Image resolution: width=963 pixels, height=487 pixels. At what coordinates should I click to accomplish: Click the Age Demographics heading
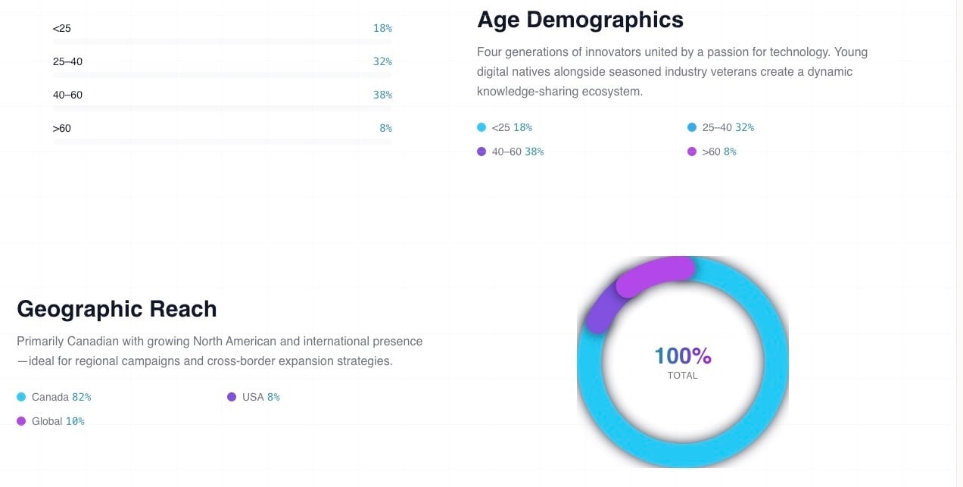[x=580, y=20]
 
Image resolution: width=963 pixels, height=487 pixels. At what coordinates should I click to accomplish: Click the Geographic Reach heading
[x=117, y=309]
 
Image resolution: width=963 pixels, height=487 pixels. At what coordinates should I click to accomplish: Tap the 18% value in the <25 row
[x=382, y=29]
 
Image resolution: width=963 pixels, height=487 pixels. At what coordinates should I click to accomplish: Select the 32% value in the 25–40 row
[x=382, y=62]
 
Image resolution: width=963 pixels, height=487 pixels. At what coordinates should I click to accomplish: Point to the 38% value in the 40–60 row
[x=382, y=95]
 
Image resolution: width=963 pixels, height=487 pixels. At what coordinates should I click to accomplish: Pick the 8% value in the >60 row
[x=385, y=129]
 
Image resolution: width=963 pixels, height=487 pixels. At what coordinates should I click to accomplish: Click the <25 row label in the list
[x=61, y=29]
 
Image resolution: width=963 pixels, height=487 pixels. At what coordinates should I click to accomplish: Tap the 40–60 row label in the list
[x=67, y=95]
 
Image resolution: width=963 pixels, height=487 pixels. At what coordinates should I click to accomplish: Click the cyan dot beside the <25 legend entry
[x=481, y=128]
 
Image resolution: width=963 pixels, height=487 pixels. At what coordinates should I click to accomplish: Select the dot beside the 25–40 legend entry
[x=692, y=128]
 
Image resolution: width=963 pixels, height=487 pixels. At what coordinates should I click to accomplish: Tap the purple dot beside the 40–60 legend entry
[x=481, y=152]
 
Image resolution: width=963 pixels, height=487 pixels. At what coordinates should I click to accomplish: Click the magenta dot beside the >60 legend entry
[x=692, y=152]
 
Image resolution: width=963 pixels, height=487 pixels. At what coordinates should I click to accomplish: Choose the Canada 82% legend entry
[x=61, y=398]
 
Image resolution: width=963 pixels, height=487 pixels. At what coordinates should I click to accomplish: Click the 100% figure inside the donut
[x=683, y=356]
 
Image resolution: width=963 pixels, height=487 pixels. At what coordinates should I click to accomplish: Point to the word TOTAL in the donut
[x=683, y=376]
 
